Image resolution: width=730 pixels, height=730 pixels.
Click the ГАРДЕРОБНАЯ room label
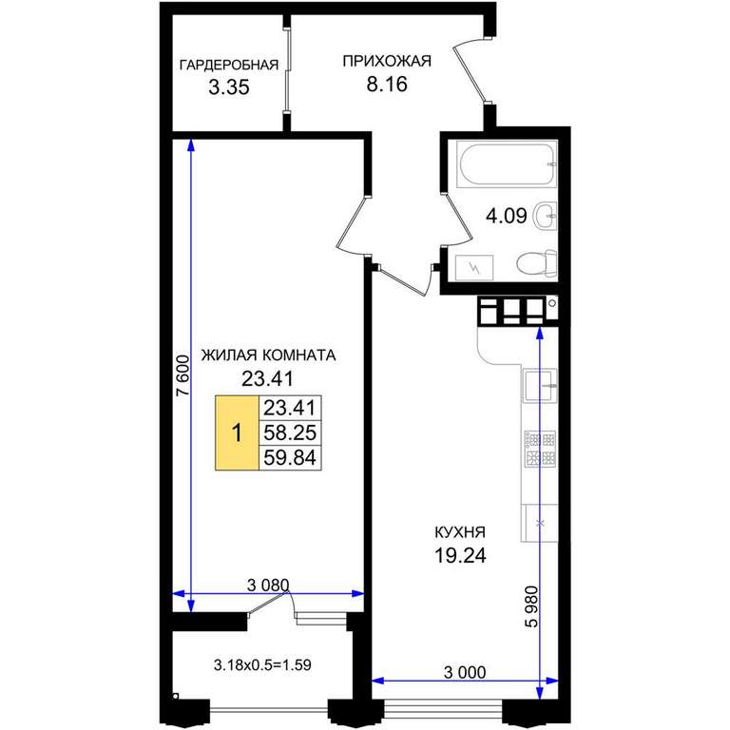coord(229,65)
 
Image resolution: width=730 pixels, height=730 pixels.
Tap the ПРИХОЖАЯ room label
coord(387,61)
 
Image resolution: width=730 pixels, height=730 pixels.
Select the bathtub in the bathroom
coord(507,165)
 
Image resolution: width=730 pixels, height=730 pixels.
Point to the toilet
coord(537,264)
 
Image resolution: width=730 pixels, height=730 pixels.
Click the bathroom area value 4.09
coord(506,216)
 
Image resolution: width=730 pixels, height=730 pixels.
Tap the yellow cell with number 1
coord(237,432)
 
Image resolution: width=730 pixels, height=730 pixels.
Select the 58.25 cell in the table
coord(290,432)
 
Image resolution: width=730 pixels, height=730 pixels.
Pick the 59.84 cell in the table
coord(290,457)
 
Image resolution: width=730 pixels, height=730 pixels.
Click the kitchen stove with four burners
coord(540,449)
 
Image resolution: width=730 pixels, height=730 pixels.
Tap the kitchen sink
coord(540,385)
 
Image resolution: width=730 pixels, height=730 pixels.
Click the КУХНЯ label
coord(460,531)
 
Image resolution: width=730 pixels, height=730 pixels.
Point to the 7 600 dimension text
coord(183,375)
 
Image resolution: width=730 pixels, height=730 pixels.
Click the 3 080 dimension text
coord(268,585)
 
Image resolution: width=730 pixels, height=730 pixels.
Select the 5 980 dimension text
coord(531,606)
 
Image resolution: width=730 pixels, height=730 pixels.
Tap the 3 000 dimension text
coord(465,672)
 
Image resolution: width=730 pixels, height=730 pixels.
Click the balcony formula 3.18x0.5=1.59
coord(262,664)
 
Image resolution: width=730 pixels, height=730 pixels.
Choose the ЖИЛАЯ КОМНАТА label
coord(268,355)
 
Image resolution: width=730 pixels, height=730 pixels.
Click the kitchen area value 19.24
coord(460,555)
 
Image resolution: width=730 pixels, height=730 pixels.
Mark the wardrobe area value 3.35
coord(228,87)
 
